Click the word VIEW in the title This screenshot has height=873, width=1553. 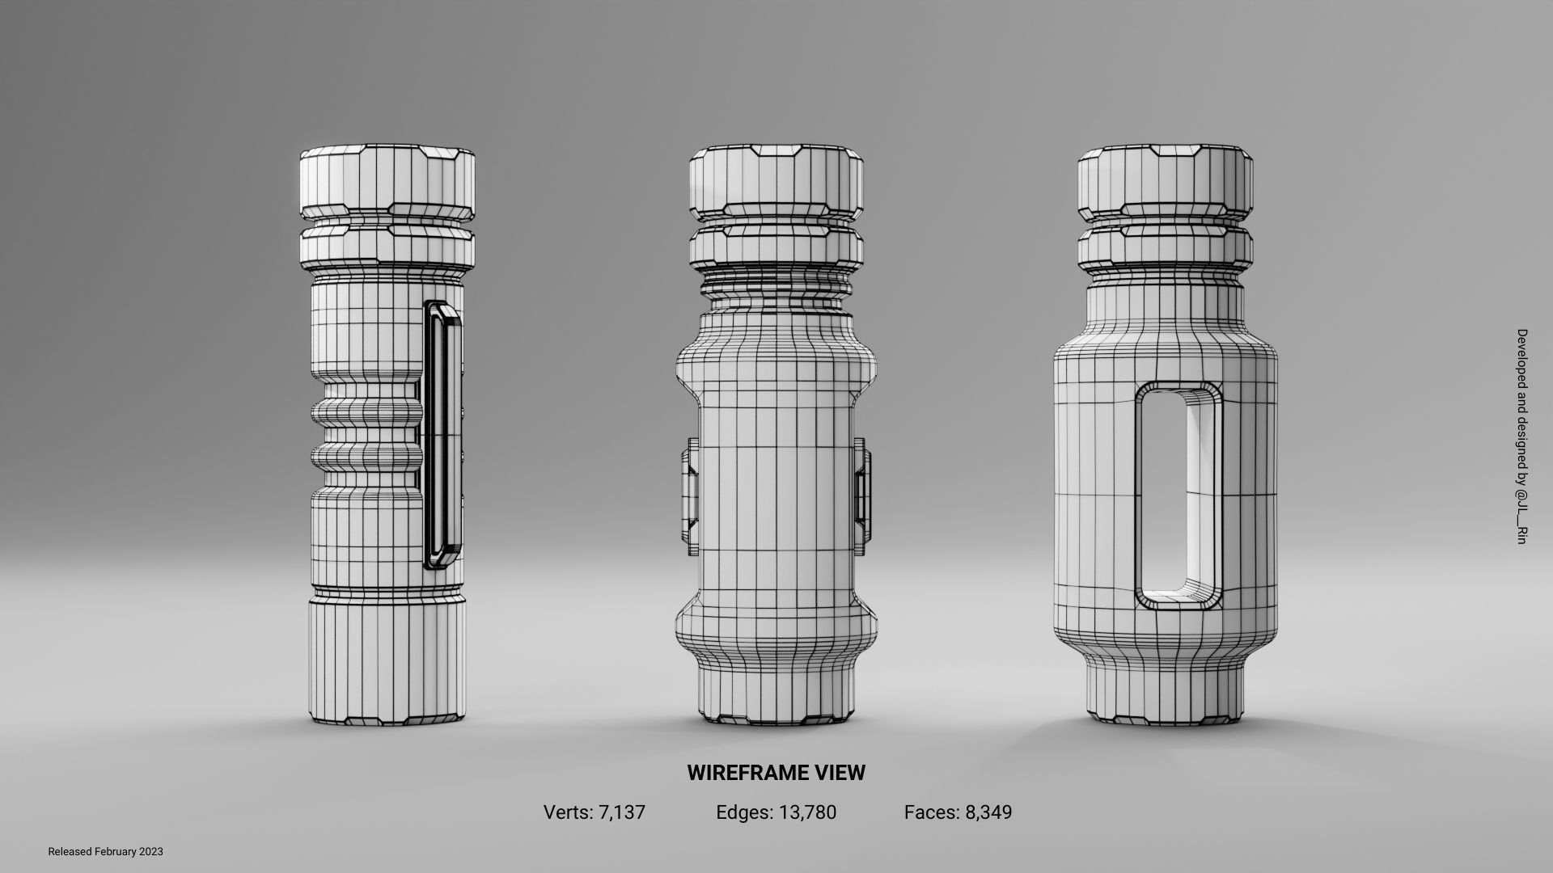(839, 773)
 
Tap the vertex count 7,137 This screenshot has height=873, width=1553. (621, 812)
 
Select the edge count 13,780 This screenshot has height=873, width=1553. (807, 812)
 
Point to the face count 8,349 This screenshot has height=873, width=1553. (988, 812)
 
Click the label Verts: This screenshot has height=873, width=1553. (569, 812)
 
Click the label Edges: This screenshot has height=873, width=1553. (744, 812)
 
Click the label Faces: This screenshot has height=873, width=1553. (932, 812)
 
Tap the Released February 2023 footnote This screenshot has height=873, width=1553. (105, 852)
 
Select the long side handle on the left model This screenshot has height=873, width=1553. (442, 434)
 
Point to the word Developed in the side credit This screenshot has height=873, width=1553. (1521, 356)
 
